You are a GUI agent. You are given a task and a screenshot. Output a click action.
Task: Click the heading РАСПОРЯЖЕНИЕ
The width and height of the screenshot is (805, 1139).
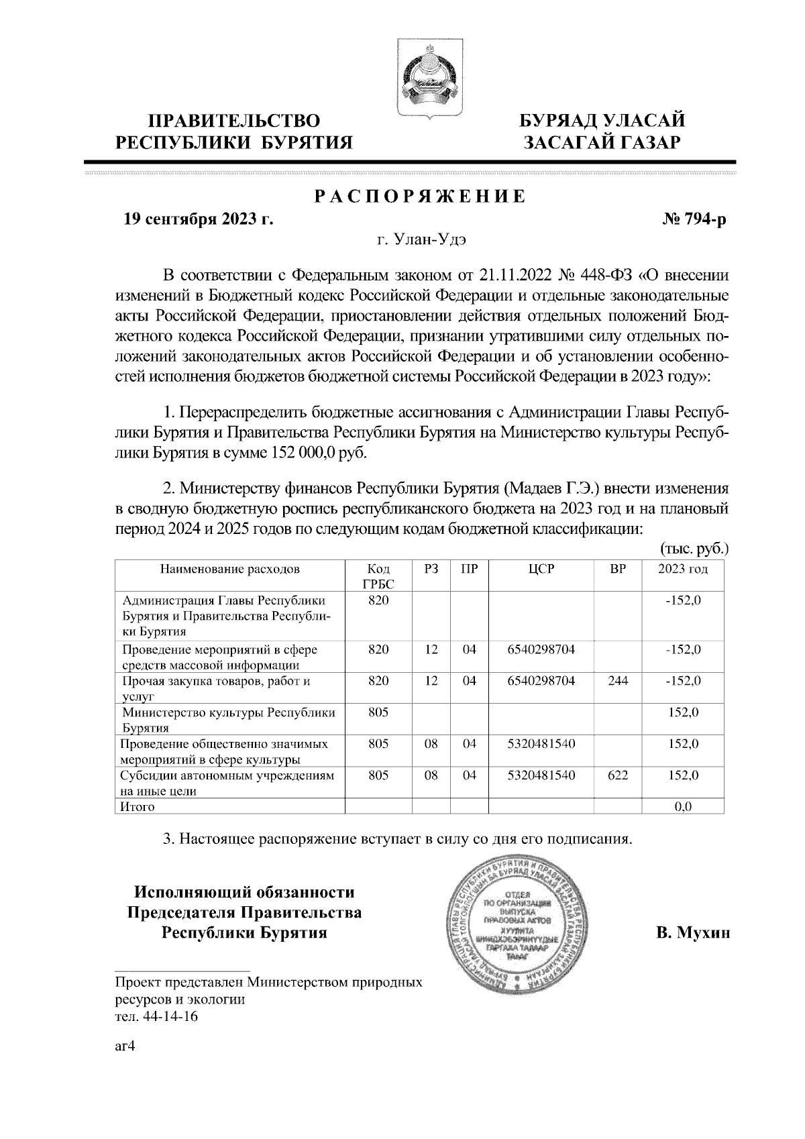pyautogui.click(x=421, y=197)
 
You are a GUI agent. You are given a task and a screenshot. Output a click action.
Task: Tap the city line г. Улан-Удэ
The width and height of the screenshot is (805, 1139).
pyautogui.click(x=421, y=239)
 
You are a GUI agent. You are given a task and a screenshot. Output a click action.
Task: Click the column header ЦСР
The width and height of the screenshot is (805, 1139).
pyautogui.click(x=541, y=569)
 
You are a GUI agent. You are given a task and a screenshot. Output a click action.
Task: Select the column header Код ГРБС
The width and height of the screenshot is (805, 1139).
pyautogui.click(x=378, y=576)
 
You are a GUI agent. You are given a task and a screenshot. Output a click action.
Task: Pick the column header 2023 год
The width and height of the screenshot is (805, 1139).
pyautogui.click(x=683, y=569)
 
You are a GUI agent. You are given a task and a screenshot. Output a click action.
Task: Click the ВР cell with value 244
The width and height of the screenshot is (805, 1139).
pyautogui.click(x=617, y=681)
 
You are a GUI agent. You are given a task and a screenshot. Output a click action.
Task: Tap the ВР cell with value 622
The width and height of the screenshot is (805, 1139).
pyautogui.click(x=617, y=775)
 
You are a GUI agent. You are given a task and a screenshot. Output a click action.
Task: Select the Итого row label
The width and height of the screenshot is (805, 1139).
pyautogui.click(x=137, y=806)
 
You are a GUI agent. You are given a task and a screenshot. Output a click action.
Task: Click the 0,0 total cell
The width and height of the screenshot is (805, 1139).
pyautogui.click(x=683, y=806)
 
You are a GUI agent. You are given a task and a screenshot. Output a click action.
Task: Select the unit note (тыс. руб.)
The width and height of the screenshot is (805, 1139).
pyautogui.click(x=695, y=548)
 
